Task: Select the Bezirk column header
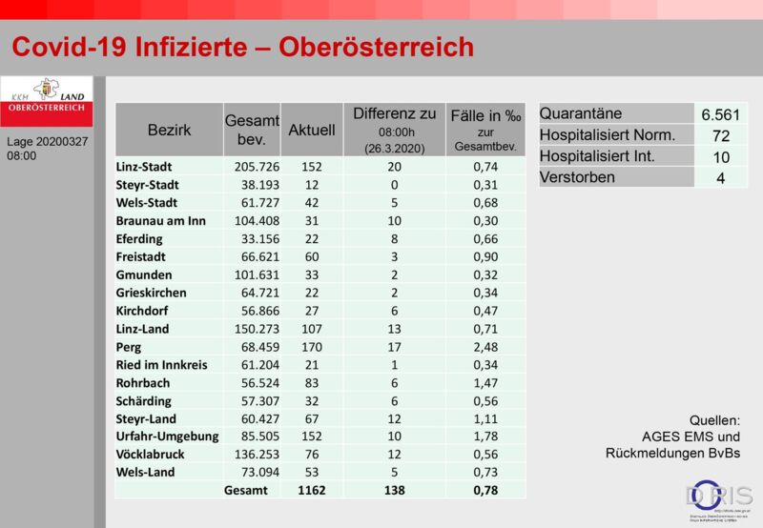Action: pos(170,130)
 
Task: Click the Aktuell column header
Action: pos(312,130)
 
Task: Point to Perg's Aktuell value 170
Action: pos(312,346)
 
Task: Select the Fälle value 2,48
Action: pos(486,346)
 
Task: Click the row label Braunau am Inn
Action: pos(161,220)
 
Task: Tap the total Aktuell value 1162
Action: pos(312,490)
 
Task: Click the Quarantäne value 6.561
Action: pos(720,114)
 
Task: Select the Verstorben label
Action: pos(577,177)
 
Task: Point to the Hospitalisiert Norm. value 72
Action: pos(720,135)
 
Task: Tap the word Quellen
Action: pos(714,420)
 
